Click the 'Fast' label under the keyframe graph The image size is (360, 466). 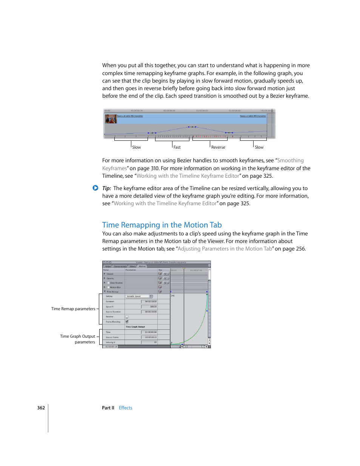pyautogui.click(x=177, y=147)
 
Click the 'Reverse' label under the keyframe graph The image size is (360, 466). pyautogui.click(x=218, y=147)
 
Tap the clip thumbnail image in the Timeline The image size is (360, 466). pyautogui.click(x=110, y=119)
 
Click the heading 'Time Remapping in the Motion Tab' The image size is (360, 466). pyautogui.click(x=162, y=225)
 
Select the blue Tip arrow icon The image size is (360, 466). pyautogui.click(x=95, y=188)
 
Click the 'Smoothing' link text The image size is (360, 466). pyautogui.click(x=290, y=160)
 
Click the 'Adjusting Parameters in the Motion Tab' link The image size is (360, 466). pyautogui.click(x=225, y=249)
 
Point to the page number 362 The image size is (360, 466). pyautogui.click(x=41, y=408)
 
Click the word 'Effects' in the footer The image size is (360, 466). pyautogui.click(x=125, y=408)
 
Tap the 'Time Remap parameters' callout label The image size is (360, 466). pyautogui.click(x=73, y=309)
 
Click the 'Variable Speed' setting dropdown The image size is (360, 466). pyautogui.click(x=139, y=296)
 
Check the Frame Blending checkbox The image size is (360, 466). pyautogui.click(x=127, y=322)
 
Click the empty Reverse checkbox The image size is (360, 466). pyautogui.click(x=127, y=317)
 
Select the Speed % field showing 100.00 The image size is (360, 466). pyautogui.click(x=149, y=307)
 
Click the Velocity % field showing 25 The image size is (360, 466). pyautogui.click(x=149, y=342)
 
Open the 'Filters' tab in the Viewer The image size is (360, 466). pyautogui.click(x=133, y=266)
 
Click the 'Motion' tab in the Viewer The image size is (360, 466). pyautogui.click(x=142, y=266)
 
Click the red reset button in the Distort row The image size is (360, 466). pyautogui.click(x=160, y=274)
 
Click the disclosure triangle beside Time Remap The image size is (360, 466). pyautogui.click(x=105, y=292)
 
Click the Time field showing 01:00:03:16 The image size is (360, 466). pyautogui.click(x=149, y=332)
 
